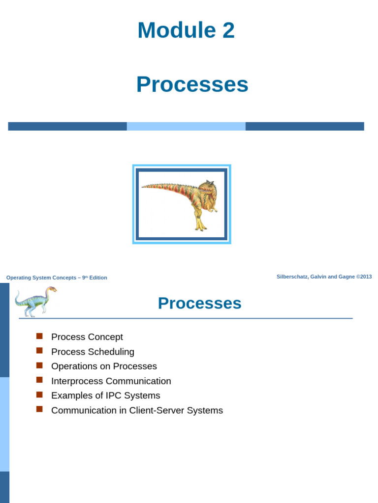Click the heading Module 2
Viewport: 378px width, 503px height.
tap(186, 30)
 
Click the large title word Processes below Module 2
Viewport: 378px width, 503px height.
tap(192, 84)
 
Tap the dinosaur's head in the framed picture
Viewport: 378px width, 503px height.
tap(208, 187)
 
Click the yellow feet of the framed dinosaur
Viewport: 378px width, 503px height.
tap(200, 226)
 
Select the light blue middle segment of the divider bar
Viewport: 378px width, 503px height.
tap(186, 126)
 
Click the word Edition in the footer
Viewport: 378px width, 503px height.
tap(98, 278)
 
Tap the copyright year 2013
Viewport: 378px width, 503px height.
tap(366, 277)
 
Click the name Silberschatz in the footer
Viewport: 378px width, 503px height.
tap(292, 277)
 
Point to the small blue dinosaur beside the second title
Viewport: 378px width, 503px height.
tap(34, 301)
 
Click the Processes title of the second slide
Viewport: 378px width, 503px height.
tap(199, 304)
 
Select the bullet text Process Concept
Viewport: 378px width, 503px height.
tap(87, 337)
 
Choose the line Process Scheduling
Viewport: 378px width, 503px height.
tap(93, 352)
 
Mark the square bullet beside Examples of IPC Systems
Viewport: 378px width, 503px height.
tap(40, 394)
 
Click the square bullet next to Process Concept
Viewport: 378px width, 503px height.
tap(40, 336)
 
